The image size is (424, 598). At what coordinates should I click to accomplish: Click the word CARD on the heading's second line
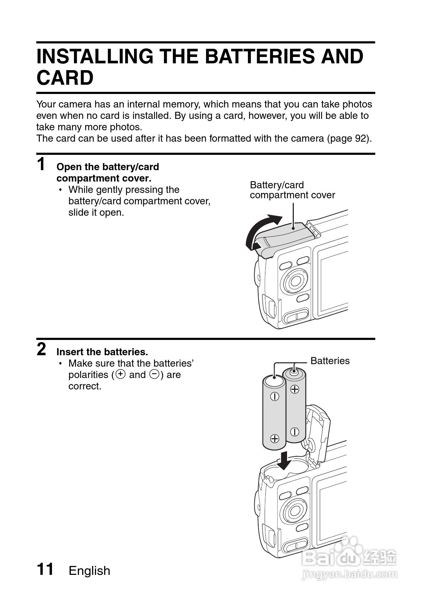pos(65,78)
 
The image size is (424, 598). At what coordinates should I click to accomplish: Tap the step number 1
pos(41,164)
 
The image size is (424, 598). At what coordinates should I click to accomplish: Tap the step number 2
pos(41,349)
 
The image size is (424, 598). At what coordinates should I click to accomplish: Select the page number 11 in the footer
pos(45,569)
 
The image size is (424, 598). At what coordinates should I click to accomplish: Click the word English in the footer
pos(89,571)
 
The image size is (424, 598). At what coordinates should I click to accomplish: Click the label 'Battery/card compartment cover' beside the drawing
pos(292,190)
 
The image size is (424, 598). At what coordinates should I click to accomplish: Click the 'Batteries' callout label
pos(330,361)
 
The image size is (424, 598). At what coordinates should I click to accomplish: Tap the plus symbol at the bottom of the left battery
pos(274,438)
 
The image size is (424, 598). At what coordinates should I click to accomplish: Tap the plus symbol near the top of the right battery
pos(295,389)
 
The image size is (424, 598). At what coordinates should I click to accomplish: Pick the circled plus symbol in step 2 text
pos(121,374)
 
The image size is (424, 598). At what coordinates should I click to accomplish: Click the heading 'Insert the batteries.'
pos(102,352)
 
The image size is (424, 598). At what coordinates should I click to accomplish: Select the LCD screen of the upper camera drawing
pos(333,281)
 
